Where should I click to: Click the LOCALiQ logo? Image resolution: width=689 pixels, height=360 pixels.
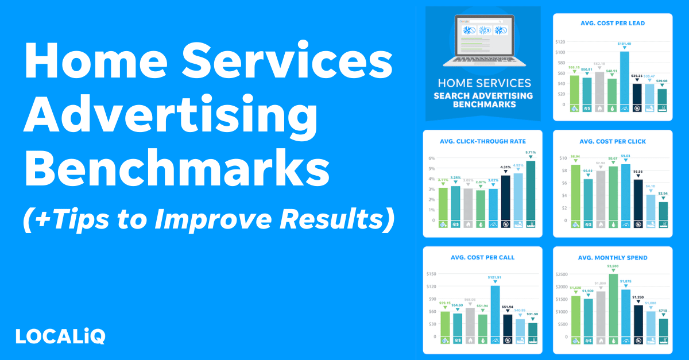(x=60, y=335)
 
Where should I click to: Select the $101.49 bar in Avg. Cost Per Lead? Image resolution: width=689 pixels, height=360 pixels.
(x=624, y=78)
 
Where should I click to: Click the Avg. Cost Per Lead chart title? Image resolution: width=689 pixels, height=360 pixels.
(x=613, y=23)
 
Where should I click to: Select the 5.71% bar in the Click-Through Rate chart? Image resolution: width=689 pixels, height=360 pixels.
(x=531, y=190)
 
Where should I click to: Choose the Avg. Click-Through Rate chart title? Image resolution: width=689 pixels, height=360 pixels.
(x=482, y=141)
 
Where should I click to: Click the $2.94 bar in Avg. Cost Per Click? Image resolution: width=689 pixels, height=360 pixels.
(x=663, y=210)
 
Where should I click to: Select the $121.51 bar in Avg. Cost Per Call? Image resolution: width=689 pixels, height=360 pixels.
(x=495, y=310)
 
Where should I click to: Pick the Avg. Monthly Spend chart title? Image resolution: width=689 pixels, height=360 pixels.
(x=613, y=258)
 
